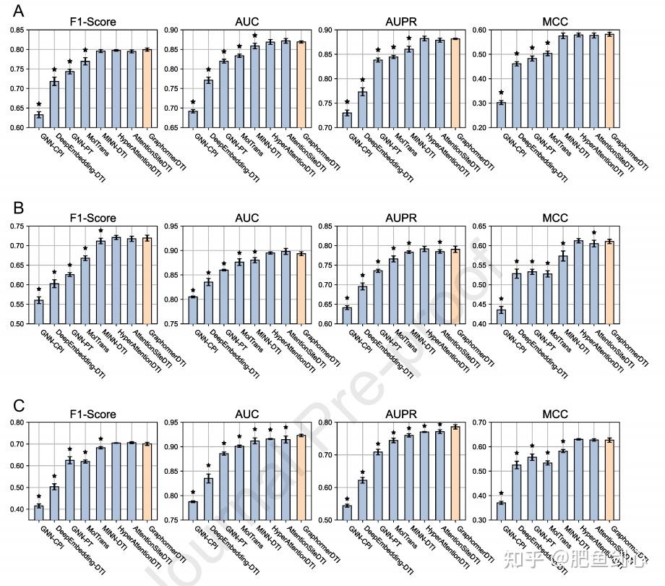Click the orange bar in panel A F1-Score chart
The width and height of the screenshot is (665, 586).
tap(147, 88)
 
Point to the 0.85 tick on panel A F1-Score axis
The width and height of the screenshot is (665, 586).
tap(16, 30)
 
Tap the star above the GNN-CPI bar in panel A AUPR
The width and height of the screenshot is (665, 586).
tap(347, 102)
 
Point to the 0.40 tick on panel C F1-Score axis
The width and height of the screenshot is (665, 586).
tap(16, 509)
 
